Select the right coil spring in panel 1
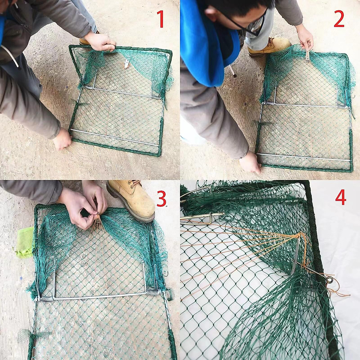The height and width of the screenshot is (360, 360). pyautogui.click(x=155, y=97)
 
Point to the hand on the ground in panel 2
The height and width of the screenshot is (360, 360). pyautogui.click(x=250, y=162)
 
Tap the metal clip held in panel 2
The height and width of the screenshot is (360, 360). pyautogui.click(x=307, y=56)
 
